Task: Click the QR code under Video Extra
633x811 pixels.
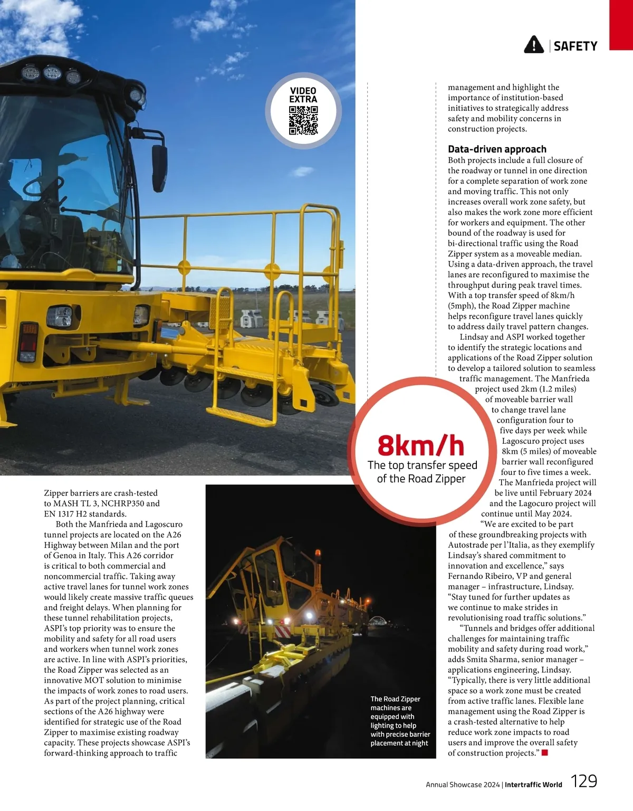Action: tap(303, 120)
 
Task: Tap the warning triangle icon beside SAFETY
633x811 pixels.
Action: tap(534, 45)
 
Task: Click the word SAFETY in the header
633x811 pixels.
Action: tap(576, 46)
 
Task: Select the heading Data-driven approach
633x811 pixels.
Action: tap(497, 149)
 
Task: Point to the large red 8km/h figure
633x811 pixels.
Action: tap(421, 446)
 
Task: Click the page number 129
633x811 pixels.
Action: tap(584, 781)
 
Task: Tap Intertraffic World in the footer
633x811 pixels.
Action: tap(533, 785)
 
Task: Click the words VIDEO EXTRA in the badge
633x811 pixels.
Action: tap(303, 95)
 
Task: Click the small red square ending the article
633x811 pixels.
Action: tap(545, 753)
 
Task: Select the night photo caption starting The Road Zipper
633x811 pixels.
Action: tap(400, 721)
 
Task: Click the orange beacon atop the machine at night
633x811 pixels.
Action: tap(318, 555)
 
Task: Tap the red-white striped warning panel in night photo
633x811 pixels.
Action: tap(282, 631)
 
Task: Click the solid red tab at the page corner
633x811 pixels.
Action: tap(621, 25)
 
